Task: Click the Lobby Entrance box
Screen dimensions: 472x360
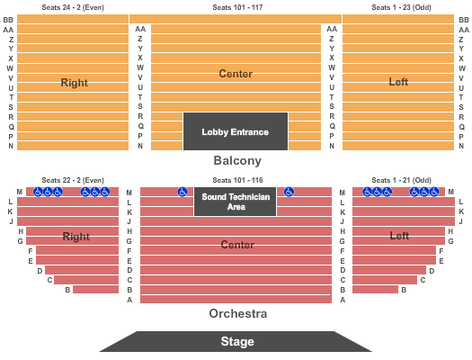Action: click(236, 131)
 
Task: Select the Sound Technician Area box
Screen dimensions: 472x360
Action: click(235, 202)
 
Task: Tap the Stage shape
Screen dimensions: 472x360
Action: click(236, 341)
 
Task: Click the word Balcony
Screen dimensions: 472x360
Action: click(237, 160)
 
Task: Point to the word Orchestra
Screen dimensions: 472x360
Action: click(238, 313)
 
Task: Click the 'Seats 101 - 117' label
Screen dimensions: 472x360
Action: click(237, 7)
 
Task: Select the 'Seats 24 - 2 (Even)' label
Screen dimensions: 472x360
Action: click(73, 7)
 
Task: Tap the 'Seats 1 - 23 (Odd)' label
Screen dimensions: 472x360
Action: click(401, 7)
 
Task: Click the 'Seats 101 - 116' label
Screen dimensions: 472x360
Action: click(237, 180)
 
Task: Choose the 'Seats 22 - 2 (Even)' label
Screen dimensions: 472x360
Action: click(73, 180)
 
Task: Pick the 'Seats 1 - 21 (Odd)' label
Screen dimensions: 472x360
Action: click(401, 180)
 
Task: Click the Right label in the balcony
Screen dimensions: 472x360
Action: click(74, 83)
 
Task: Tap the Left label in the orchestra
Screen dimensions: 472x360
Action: click(399, 235)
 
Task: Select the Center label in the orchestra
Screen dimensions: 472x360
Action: click(237, 244)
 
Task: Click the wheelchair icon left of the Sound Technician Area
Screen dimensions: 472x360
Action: click(183, 192)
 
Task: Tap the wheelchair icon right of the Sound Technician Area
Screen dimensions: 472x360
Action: click(289, 192)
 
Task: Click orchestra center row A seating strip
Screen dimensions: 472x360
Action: click(236, 299)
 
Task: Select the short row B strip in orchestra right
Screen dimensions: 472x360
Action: click(95, 290)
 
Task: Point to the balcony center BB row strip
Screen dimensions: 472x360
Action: click(236, 19)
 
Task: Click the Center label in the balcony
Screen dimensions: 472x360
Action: click(236, 74)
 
